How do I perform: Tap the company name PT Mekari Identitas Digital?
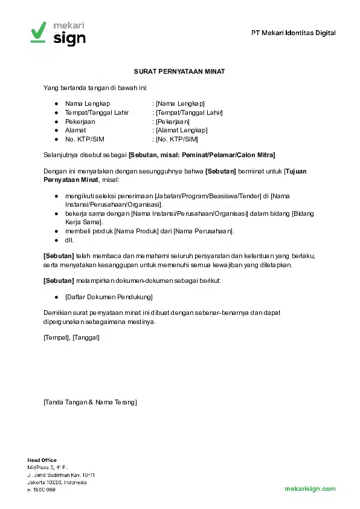[x=294, y=33]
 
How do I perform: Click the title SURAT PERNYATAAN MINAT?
[x=179, y=71]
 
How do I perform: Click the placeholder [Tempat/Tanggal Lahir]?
[x=189, y=112]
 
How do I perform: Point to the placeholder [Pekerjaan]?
[x=172, y=122]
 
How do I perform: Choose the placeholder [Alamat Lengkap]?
[x=181, y=130]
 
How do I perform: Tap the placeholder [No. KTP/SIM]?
[x=176, y=139]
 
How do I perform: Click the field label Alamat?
[x=76, y=130]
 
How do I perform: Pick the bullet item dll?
[x=69, y=240]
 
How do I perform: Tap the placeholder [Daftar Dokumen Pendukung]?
[x=109, y=297]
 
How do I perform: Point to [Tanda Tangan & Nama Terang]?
[x=90, y=402]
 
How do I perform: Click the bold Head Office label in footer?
[x=42, y=461]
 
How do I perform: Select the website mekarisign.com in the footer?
[x=310, y=488]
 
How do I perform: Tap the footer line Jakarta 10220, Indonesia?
[x=57, y=482]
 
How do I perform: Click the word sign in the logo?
[x=69, y=38]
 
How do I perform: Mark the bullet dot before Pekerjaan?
[x=56, y=122]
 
